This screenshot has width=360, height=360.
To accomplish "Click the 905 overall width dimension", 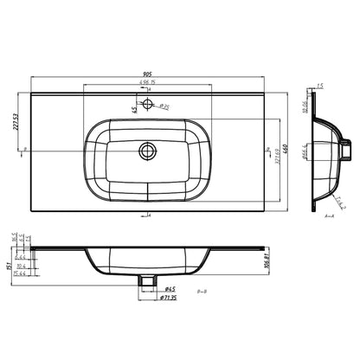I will [x=146, y=75].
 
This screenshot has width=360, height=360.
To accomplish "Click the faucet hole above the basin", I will [x=148, y=105].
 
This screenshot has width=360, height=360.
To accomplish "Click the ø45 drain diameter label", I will [x=147, y=289].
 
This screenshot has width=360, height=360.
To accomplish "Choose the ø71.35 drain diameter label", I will [x=148, y=298].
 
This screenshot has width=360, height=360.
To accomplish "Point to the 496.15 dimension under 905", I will [x=146, y=84].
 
